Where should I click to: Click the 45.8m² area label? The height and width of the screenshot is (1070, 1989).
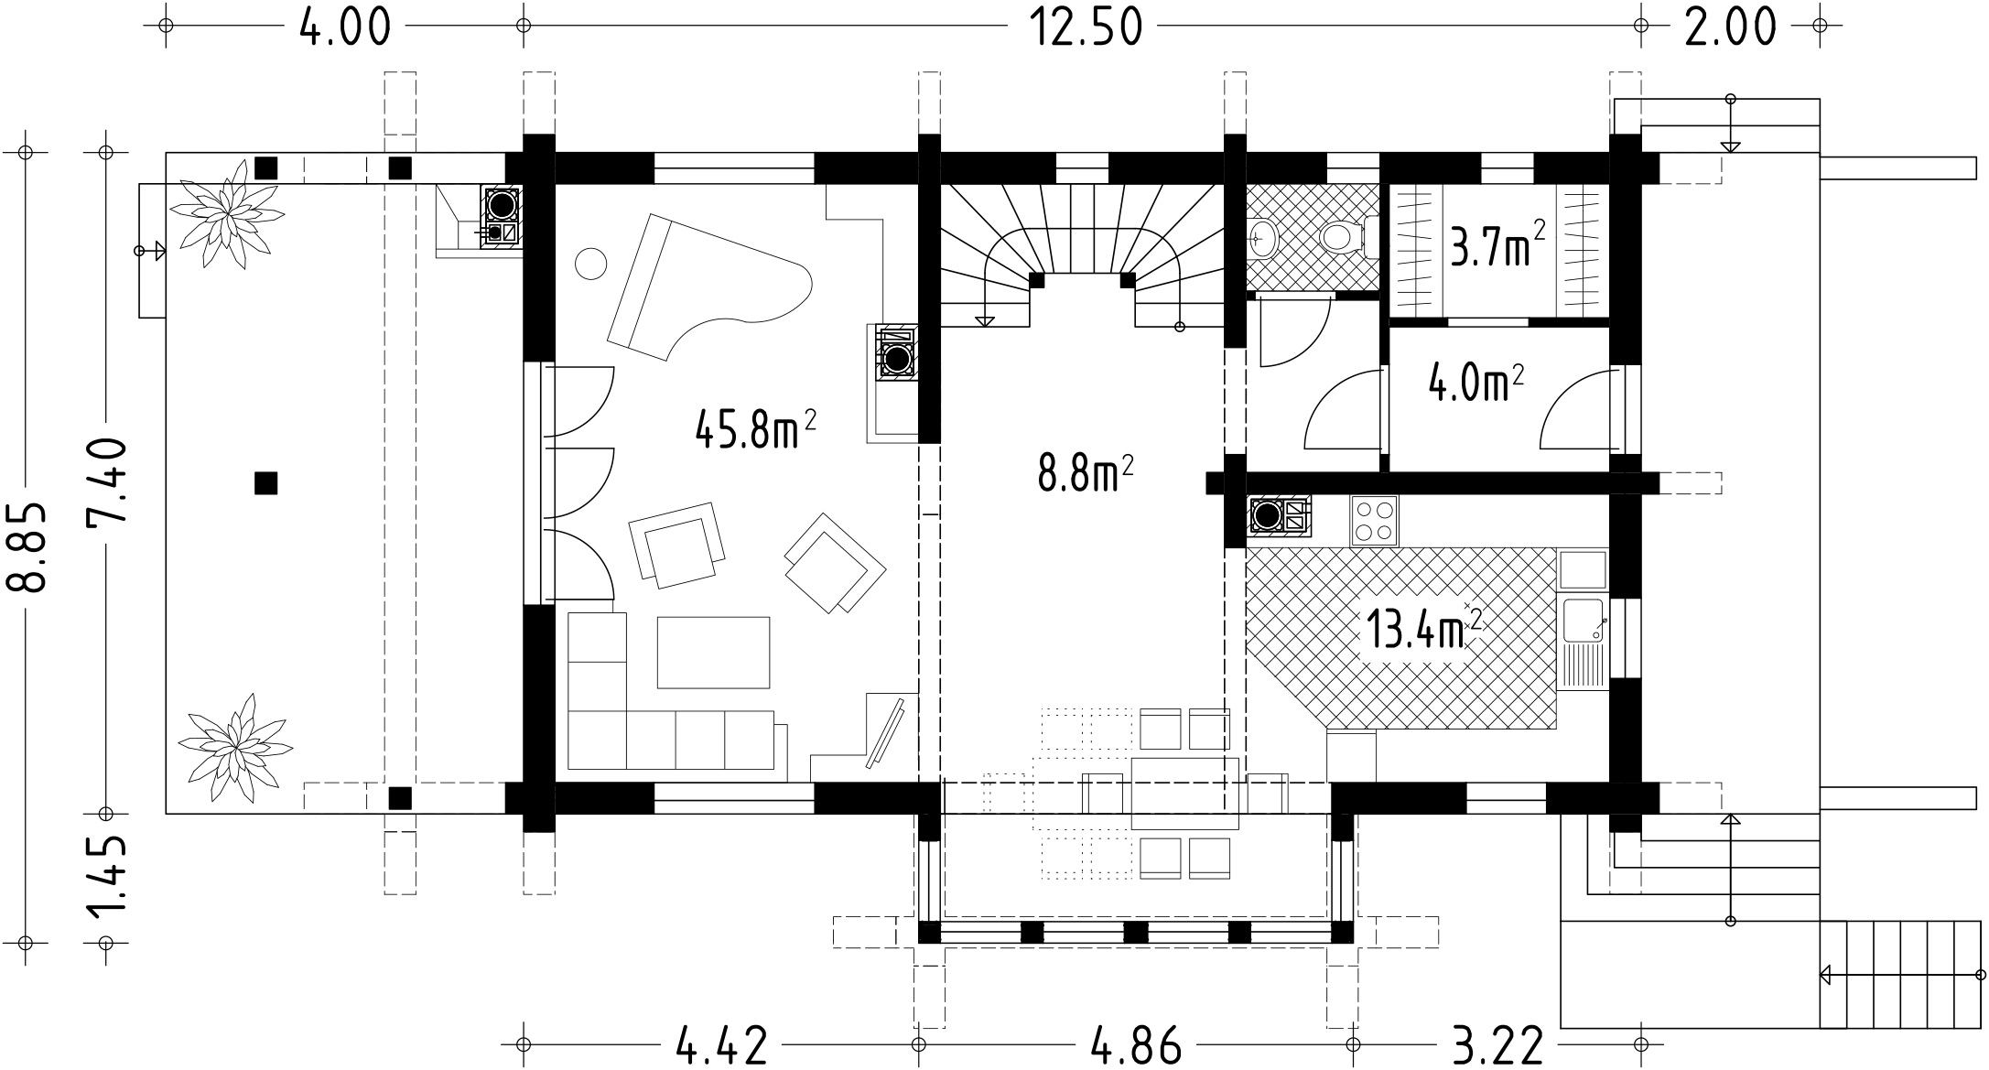coord(755,428)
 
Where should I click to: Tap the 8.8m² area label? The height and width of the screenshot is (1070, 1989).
coord(1086,475)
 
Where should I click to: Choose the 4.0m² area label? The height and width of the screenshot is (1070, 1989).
coord(1476,384)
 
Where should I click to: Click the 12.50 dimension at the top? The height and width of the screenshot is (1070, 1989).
coord(1086,27)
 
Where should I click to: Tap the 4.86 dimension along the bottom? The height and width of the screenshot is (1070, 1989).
coord(1135,1045)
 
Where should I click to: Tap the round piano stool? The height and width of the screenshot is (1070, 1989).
coord(590,264)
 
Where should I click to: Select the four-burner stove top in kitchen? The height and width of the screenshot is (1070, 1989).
coord(1374,521)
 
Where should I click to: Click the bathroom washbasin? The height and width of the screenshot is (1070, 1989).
coord(1262,239)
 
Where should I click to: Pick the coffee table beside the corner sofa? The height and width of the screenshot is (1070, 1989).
coord(713,652)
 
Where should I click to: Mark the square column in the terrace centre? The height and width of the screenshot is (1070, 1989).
coord(265,482)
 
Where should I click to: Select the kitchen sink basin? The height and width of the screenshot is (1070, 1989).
coord(1583,620)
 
